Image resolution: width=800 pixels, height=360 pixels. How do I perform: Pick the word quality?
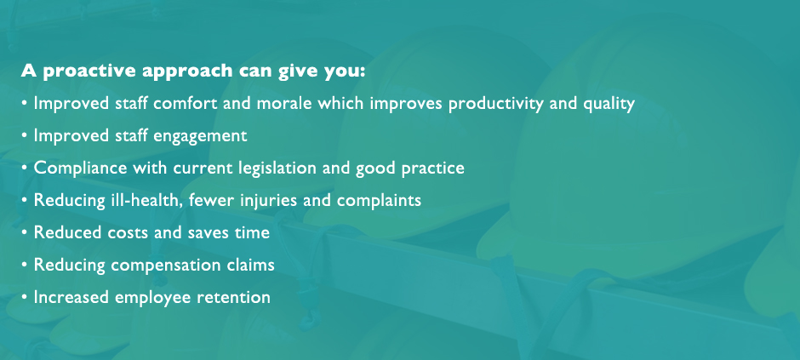(609, 105)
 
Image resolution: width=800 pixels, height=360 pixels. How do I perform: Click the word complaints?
(379, 200)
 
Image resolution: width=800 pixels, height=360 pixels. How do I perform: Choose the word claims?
(250, 265)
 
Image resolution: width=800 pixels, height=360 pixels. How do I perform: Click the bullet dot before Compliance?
(24, 168)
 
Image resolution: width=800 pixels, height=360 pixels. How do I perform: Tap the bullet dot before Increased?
(24, 297)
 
